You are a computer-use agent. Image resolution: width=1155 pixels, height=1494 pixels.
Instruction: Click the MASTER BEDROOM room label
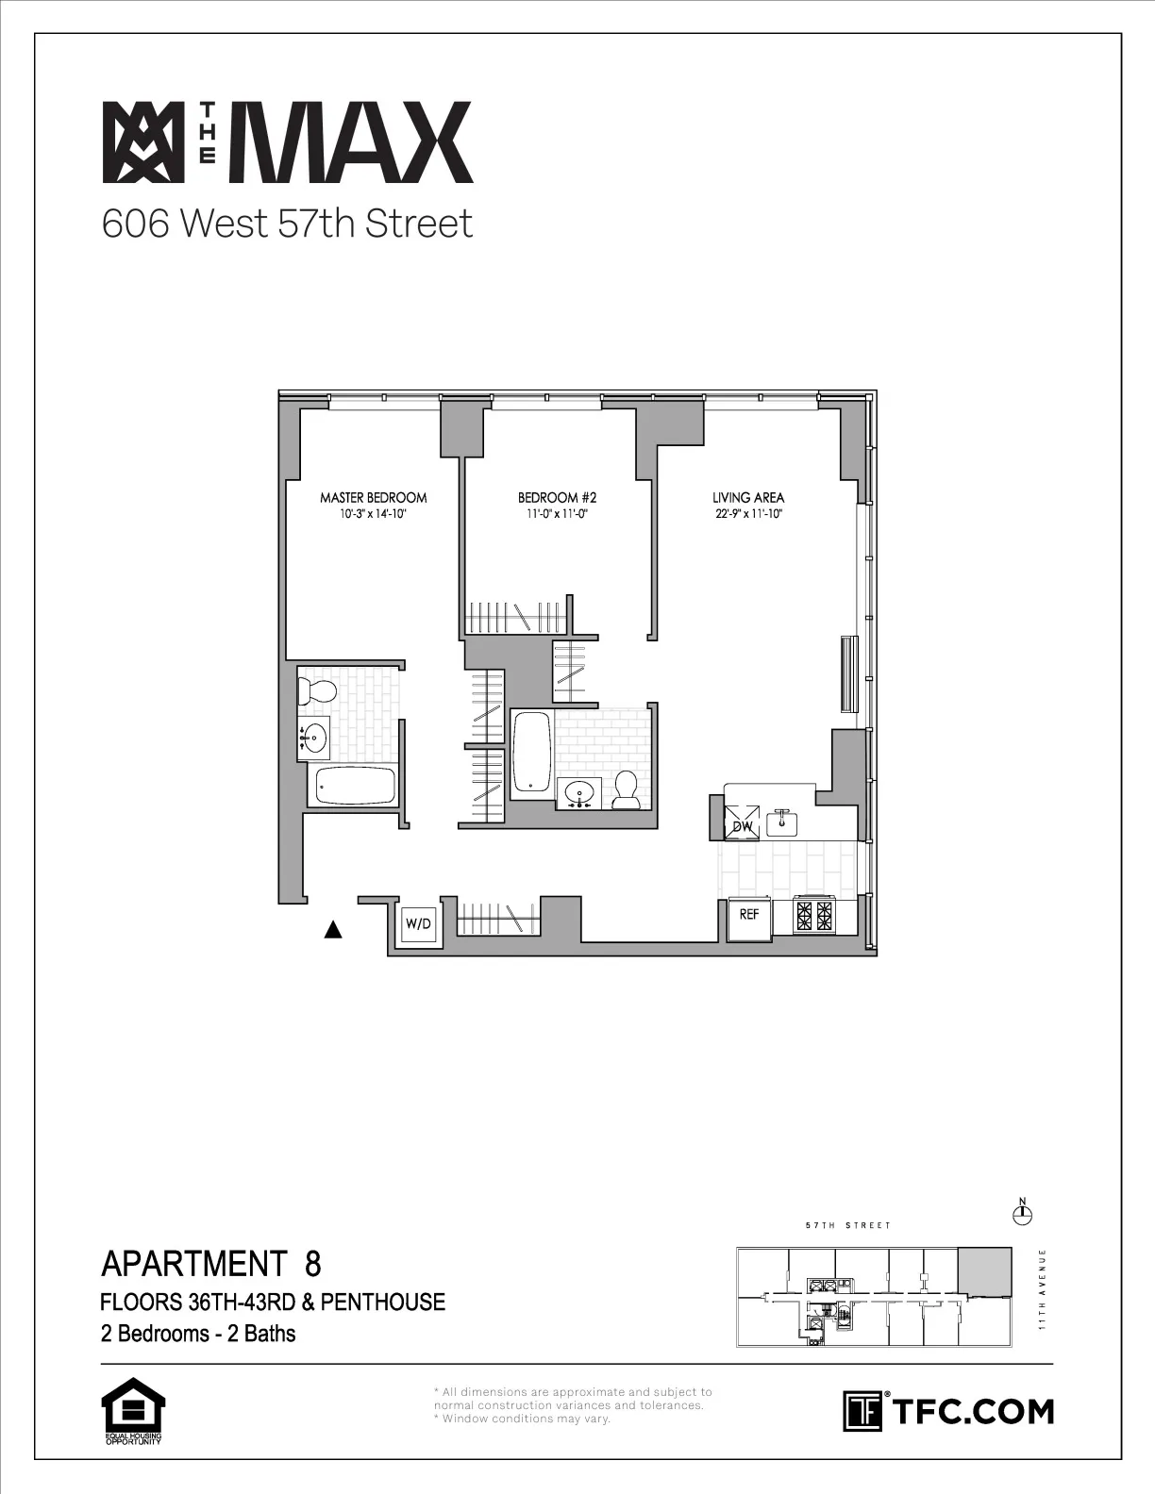coord(373,497)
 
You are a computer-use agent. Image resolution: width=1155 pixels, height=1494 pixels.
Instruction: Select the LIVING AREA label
coord(748,497)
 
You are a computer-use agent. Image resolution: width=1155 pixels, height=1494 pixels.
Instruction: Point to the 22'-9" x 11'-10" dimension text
coord(748,515)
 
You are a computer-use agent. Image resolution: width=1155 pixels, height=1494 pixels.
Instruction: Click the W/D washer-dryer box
coord(418,923)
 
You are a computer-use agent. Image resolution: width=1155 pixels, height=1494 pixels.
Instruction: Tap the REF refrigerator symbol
coord(749,915)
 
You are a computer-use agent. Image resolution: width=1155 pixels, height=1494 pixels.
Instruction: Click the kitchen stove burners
coord(814,915)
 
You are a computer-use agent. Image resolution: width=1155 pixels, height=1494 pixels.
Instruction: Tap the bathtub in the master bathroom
coord(354,785)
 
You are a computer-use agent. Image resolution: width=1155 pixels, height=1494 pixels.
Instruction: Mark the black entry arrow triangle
coord(332,931)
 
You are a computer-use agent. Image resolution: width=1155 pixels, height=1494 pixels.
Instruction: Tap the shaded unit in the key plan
coord(984,1271)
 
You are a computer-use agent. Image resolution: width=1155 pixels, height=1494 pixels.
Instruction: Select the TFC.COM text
coord(971,1411)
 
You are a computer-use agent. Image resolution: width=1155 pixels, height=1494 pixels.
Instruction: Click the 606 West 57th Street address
coord(287,224)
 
